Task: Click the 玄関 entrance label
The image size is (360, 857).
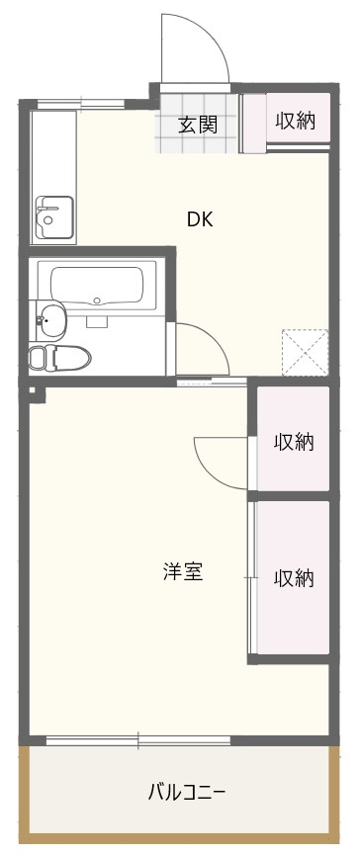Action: (198, 126)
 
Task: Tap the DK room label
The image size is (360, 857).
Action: (199, 219)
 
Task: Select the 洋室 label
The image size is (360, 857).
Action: (183, 571)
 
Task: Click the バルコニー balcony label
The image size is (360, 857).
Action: (187, 792)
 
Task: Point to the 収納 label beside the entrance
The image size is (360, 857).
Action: (295, 121)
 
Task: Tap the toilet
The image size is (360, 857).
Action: (59, 358)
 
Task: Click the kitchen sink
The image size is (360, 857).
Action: (53, 217)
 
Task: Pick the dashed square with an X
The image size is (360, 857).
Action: (305, 352)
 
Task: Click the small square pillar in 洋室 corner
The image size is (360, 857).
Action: (33, 389)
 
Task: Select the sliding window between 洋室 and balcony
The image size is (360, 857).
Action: (137, 740)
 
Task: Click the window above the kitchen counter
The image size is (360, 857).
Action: (81, 104)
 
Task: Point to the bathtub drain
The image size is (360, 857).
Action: (97, 300)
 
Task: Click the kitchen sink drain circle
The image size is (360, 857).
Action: (48, 220)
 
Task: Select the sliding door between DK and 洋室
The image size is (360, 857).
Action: (212, 382)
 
